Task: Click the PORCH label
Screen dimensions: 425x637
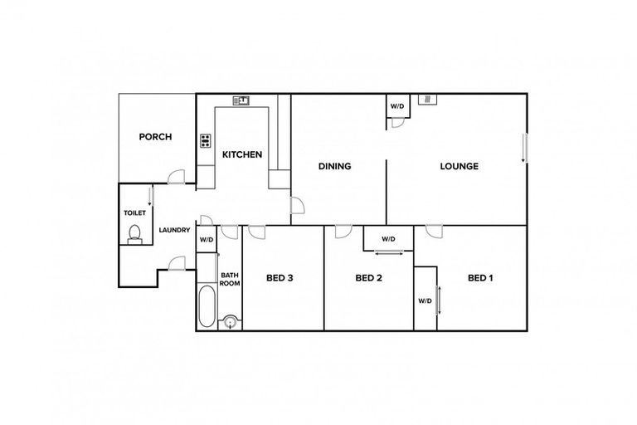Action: click(155, 137)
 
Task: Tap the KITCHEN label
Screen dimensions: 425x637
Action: click(242, 154)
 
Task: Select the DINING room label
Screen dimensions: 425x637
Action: click(335, 166)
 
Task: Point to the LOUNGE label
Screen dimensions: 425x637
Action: click(459, 166)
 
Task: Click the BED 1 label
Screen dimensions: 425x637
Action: click(480, 278)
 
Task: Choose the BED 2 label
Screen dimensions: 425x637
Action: click(368, 278)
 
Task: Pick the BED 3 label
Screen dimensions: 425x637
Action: click(280, 278)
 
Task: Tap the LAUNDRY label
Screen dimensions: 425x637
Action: click(175, 231)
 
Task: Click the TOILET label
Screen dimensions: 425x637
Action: click(134, 212)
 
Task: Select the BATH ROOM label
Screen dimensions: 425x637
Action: click(230, 278)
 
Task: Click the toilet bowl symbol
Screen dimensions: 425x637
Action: click(134, 235)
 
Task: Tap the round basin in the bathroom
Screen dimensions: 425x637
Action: click(230, 321)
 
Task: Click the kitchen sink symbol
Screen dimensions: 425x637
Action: click(241, 100)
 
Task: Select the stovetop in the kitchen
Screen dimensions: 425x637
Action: click(205, 141)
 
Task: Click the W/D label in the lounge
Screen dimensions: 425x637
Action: click(397, 106)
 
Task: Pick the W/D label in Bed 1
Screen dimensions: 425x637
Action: click(425, 300)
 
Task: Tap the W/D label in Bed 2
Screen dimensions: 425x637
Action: click(388, 239)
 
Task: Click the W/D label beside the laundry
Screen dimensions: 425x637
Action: click(207, 241)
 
